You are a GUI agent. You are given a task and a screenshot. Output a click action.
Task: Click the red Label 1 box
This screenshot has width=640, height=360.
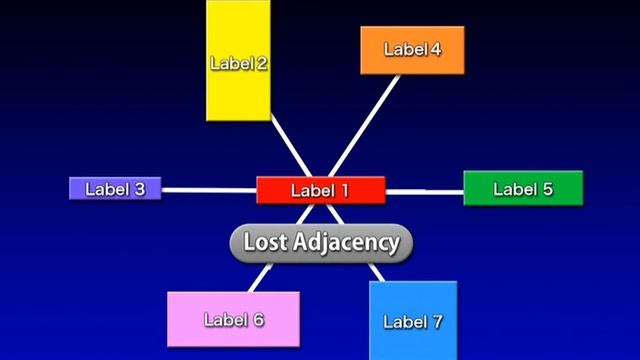pyautogui.click(x=321, y=190)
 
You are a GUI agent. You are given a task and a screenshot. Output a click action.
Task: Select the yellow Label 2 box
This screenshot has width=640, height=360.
pyautogui.click(x=238, y=60)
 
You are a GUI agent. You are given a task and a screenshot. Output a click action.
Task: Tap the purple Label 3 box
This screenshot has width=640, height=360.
pyautogui.click(x=115, y=189)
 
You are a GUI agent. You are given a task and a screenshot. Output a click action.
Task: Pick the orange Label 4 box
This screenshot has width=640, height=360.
pyautogui.click(x=412, y=50)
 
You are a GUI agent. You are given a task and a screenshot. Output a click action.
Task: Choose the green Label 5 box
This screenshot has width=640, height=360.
pyautogui.click(x=523, y=188)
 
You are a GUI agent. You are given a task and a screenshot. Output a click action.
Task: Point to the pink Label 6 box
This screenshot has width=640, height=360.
pyautogui.click(x=233, y=320)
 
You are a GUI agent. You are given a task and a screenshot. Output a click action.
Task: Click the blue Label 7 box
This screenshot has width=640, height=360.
pyautogui.click(x=413, y=321)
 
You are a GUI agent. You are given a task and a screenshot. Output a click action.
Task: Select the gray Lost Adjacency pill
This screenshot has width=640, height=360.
pyautogui.click(x=321, y=243)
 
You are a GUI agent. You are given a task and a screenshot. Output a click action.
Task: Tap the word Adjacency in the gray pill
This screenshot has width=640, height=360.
pyautogui.click(x=346, y=243)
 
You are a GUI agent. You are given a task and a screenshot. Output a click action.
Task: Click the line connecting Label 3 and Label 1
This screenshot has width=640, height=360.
pyautogui.click(x=209, y=190)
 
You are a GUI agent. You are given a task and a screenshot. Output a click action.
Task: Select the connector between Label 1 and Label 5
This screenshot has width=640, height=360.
pyautogui.click(x=424, y=192)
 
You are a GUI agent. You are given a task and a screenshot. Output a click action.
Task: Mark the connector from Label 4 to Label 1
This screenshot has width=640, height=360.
pyautogui.click(x=364, y=126)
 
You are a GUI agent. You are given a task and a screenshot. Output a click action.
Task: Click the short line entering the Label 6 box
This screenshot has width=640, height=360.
pyautogui.click(x=260, y=278)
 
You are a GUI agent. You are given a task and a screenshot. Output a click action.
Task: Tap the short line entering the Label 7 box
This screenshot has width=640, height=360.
pyautogui.click(x=376, y=272)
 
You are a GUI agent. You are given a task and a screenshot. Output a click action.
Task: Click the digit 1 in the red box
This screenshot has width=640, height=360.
pyautogui.click(x=344, y=191)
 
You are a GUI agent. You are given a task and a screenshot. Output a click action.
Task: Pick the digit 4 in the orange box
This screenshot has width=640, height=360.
pyautogui.click(x=435, y=49)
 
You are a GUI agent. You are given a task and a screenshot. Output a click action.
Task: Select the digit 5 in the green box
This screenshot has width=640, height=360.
pyautogui.click(x=547, y=189)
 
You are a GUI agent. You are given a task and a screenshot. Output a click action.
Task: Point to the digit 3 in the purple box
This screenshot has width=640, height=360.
pyautogui.click(x=140, y=189)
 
